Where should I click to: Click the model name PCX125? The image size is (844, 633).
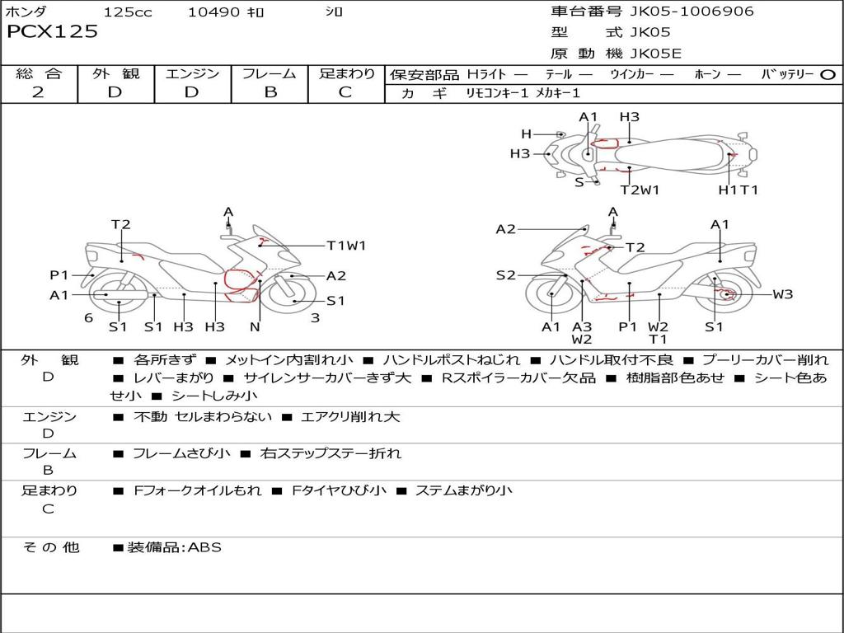52,32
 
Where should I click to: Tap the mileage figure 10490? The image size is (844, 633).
213,12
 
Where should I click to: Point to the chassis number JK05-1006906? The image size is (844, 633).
680,12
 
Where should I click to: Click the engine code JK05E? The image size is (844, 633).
657,54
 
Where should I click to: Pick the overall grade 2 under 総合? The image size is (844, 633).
38,92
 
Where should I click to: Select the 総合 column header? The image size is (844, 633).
39,74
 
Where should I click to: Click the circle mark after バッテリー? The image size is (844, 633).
828,74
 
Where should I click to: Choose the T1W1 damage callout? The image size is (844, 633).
345,246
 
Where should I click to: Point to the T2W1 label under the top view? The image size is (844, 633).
640,190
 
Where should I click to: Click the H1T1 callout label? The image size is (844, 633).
738,190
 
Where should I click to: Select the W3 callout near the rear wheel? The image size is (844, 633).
782,294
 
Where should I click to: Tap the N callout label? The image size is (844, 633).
255,327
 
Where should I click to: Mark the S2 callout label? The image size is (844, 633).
506,275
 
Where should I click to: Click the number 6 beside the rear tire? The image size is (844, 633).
88,317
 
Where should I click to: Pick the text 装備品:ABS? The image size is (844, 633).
174,547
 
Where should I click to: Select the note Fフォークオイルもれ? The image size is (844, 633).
197,490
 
